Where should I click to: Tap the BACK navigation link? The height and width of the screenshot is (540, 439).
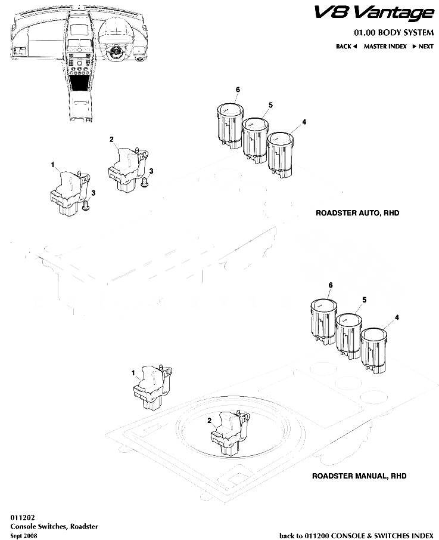pyautogui.click(x=345, y=46)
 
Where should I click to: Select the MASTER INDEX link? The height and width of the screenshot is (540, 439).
pyautogui.click(x=385, y=46)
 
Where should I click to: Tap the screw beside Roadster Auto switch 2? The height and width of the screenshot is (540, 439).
pyautogui.click(x=145, y=184)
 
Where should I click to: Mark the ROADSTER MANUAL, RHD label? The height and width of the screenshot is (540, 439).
pyautogui.click(x=359, y=476)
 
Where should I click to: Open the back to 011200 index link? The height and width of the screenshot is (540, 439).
pyautogui.click(x=356, y=535)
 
